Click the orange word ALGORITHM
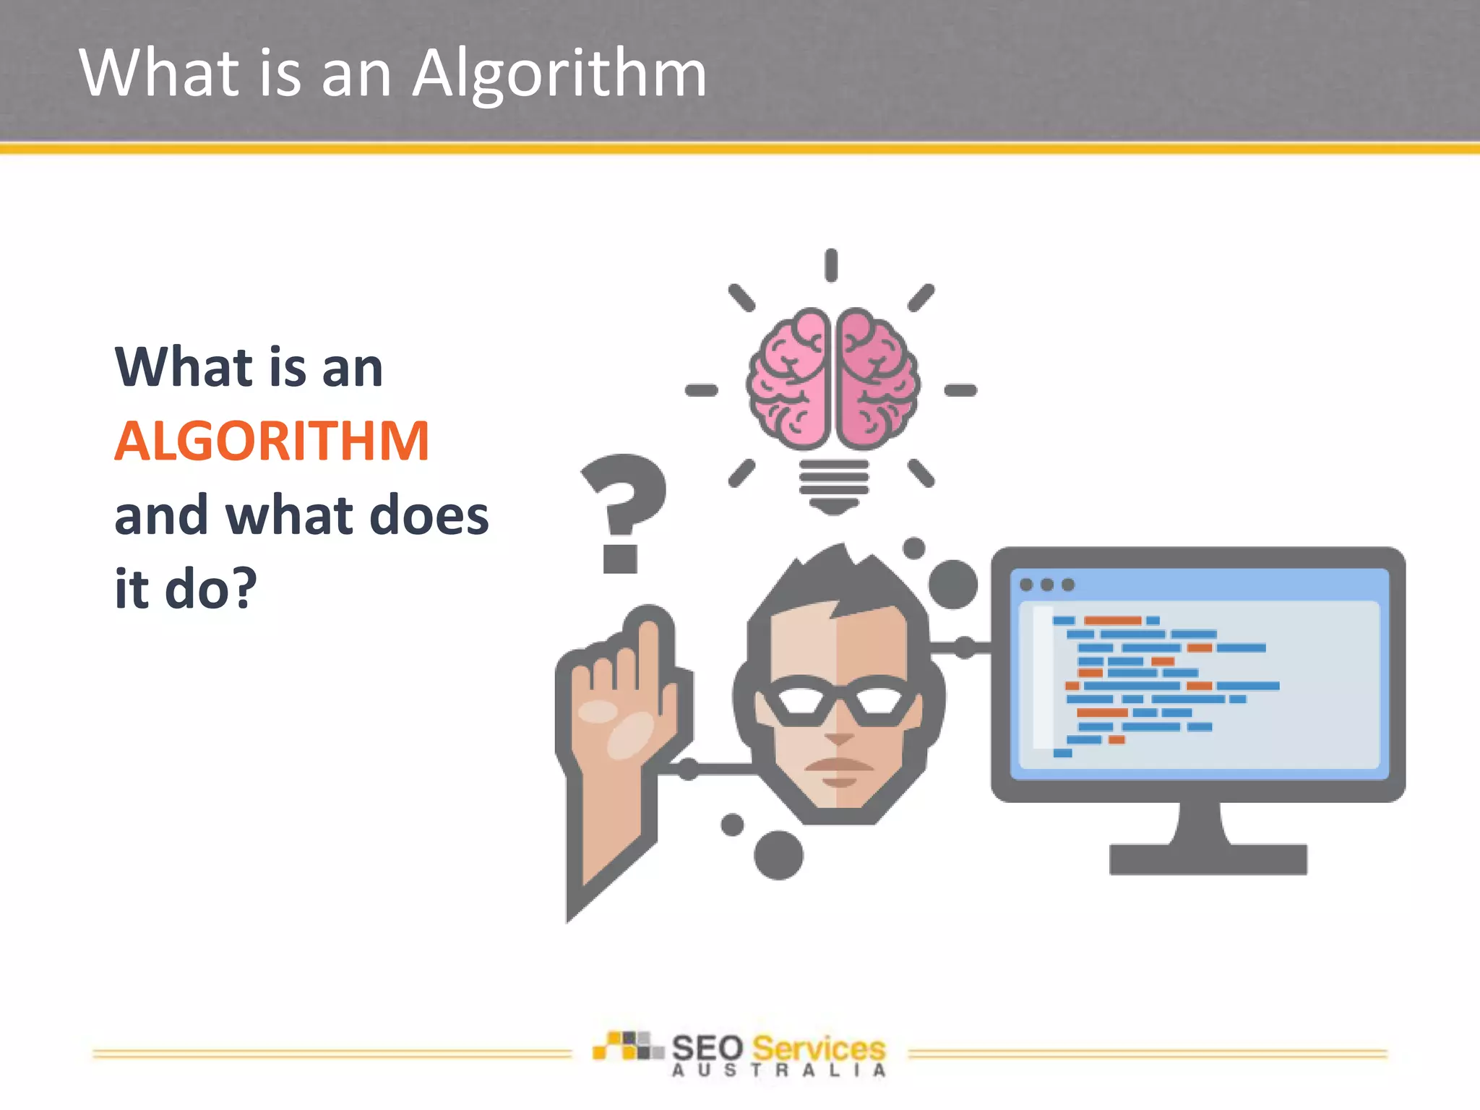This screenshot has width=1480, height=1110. [272, 441]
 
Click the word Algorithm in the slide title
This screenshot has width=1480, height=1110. [559, 74]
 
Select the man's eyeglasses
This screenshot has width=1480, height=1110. [838, 701]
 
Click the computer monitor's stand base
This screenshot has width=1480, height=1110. [1208, 859]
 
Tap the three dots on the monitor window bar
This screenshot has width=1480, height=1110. [1046, 585]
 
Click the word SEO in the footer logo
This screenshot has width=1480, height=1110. [707, 1049]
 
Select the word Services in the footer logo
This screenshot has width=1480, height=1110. [818, 1049]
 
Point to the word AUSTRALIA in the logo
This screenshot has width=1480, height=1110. [778, 1071]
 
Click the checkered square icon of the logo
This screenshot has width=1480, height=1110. [627, 1046]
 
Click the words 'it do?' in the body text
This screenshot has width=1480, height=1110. [186, 588]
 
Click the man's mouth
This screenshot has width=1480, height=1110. [838, 766]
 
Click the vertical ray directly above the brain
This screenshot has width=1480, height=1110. [831, 265]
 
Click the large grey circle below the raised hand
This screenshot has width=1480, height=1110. [778, 855]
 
